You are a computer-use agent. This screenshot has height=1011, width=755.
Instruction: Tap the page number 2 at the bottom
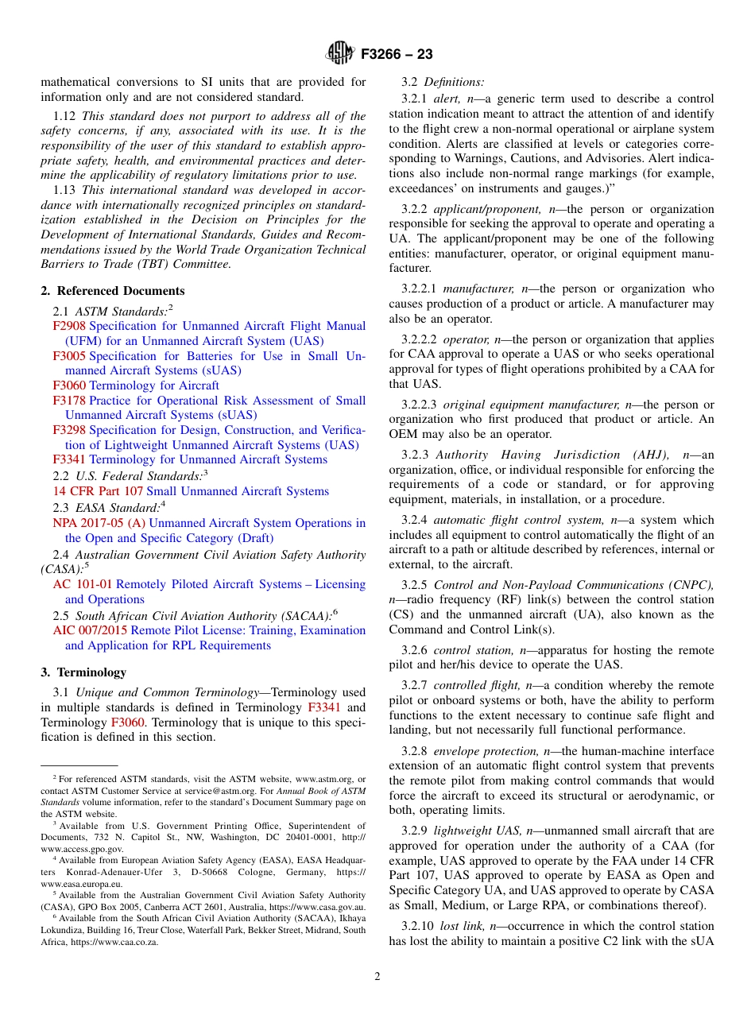click(x=377, y=977)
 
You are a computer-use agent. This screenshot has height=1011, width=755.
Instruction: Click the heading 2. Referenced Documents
click(x=113, y=291)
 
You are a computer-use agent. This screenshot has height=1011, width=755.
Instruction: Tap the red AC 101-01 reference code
click(x=83, y=584)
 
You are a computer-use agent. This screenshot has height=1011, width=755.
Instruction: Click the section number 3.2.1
click(x=414, y=99)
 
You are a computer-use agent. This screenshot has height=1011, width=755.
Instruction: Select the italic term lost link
click(x=461, y=926)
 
